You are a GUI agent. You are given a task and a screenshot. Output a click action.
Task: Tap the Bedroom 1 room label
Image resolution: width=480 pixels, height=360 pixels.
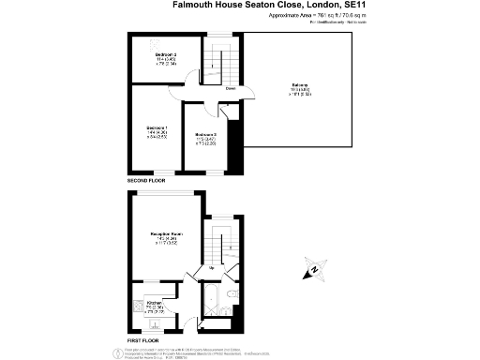pyautogui.click(x=157, y=127)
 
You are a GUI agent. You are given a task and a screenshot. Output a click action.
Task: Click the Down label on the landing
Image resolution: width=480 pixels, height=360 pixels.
pyautogui.click(x=229, y=90)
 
